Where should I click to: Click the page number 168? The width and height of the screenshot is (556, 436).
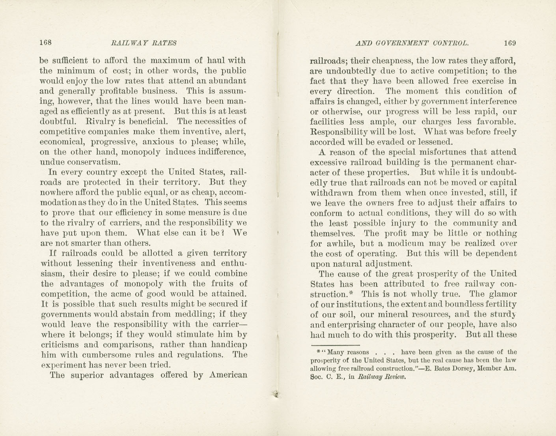(46, 43)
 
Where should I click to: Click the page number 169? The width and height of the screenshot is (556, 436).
(509, 43)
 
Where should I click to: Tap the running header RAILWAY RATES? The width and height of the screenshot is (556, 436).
(144, 43)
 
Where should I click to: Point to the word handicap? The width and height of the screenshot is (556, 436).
(230, 344)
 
